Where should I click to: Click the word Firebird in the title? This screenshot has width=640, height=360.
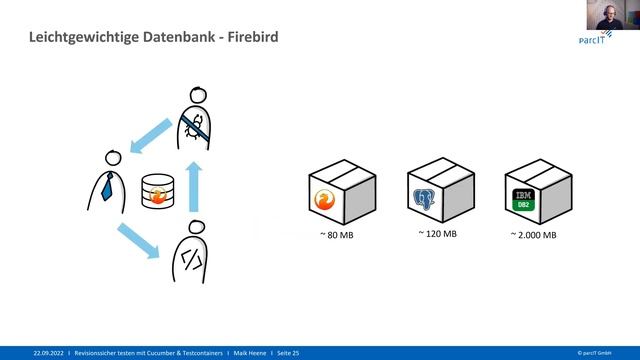(x=248, y=38)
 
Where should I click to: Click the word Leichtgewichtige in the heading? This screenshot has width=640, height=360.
(x=75, y=38)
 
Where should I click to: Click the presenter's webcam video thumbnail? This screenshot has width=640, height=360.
(x=609, y=15)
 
